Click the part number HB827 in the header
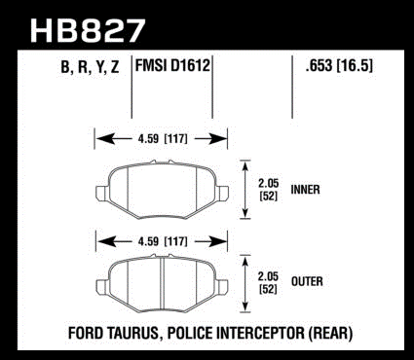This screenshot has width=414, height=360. [x=87, y=31]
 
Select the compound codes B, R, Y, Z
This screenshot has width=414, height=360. [x=90, y=67]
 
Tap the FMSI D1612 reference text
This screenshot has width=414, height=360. [x=172, y=65]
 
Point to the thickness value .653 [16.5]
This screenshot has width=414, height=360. [x=339, y=66]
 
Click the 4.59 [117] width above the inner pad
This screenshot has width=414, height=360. [x=163, y=139]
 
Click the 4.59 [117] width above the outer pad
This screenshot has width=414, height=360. [x=163, y=241]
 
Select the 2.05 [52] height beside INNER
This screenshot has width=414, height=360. [x=269, y=190]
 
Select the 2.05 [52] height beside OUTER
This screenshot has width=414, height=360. [x=269, y=282]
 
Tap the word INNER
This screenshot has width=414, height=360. [x=305, y=190]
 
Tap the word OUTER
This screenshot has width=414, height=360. [x=307, y=281]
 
